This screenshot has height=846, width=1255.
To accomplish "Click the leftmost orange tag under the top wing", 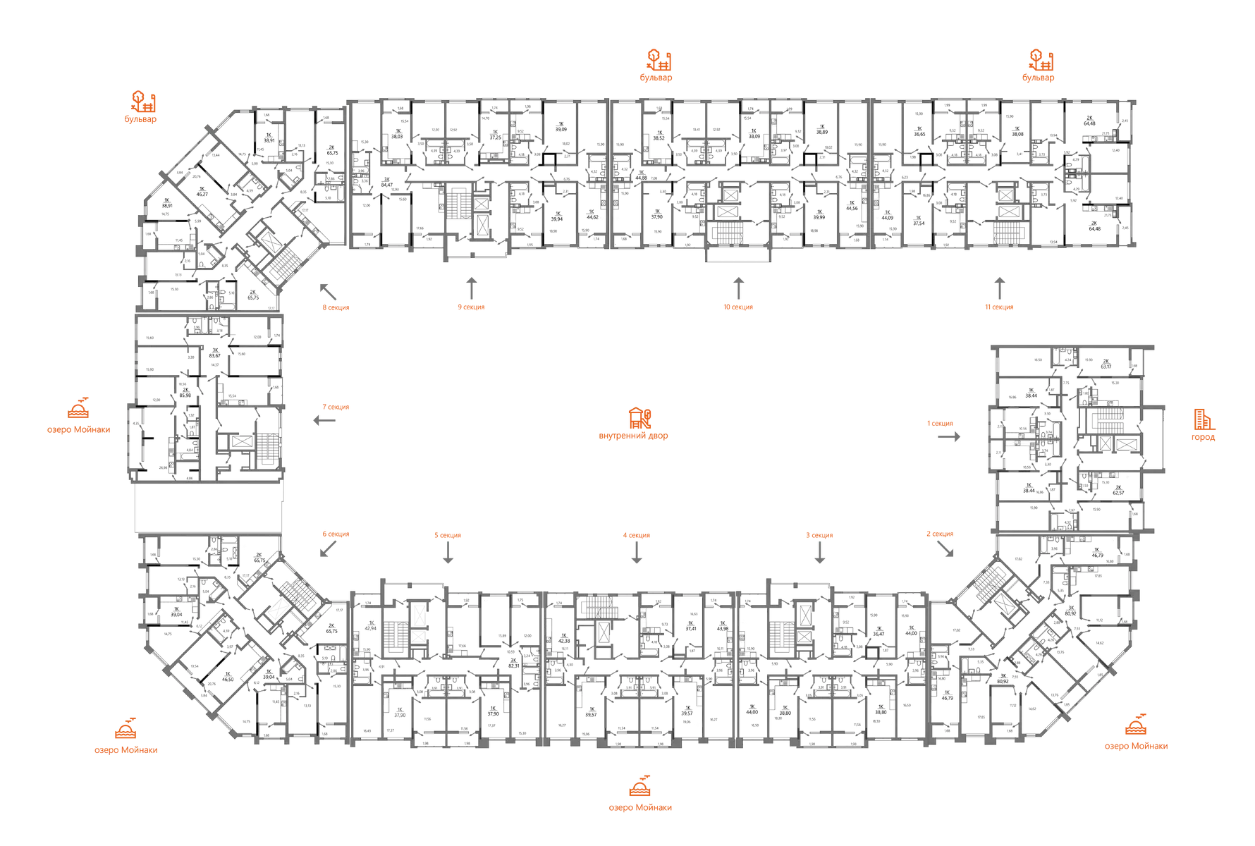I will [x=335, y=308].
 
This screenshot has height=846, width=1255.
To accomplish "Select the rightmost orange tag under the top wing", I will [x=999, y=308].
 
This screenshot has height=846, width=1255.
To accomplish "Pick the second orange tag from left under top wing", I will [x=472, y=308].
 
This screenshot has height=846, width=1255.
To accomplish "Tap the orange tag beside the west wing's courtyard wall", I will [x=337, y=407].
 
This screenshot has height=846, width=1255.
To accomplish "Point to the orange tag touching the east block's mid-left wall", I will [x=953, y=424].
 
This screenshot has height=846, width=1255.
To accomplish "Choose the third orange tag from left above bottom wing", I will [x=636, y=537].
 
